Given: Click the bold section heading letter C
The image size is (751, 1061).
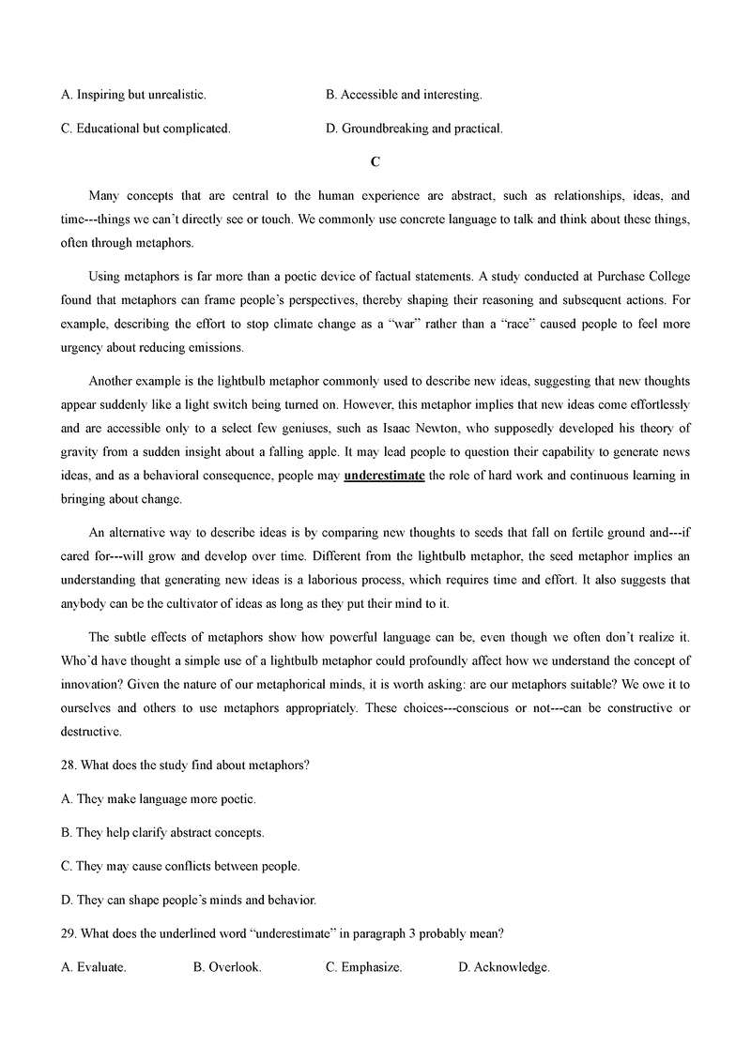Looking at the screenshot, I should [x=375, y=162].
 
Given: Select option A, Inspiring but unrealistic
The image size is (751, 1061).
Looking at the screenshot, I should [x=132, y=95].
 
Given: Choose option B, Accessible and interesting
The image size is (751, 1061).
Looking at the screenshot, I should [x=403, y=95].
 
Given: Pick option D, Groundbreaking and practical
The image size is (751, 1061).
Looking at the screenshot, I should [x=414, y=129].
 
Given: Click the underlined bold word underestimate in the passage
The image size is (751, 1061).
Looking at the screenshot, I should [x=384, y=476].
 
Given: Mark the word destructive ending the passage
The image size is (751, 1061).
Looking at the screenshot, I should [x=92, y=731].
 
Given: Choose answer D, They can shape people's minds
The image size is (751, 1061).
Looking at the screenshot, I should [x=188, y=900].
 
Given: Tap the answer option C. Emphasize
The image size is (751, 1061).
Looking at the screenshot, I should [x=363, y=967].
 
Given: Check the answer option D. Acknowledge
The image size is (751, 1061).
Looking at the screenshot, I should [x=503, y=967].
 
